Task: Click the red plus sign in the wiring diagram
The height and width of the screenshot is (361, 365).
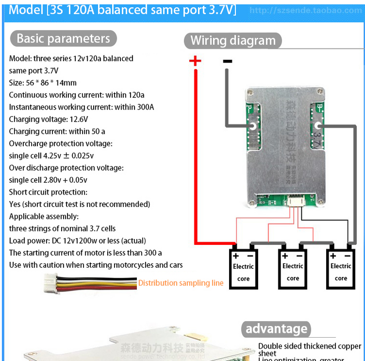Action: [195, 61]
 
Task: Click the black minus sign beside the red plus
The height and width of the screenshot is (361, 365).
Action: [227, 61]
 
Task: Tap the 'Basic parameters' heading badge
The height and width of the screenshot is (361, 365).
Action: [63, 38]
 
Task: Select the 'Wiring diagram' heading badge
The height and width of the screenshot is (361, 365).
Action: [233, 41]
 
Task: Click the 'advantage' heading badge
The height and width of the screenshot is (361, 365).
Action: [276, 329]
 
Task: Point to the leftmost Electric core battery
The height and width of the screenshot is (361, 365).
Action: [243, 269]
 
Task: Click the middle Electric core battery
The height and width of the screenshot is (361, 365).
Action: [292, 269]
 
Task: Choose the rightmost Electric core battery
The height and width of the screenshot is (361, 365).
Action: [341, 269]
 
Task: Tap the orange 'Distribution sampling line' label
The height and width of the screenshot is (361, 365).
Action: [181, 283]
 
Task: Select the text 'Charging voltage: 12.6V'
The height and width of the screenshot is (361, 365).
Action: [48, 119]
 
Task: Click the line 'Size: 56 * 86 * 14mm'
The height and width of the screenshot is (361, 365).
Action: [43, 83]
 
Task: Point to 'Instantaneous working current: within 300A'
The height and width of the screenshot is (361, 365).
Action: [81, 107]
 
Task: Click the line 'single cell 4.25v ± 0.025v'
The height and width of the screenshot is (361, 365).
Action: [51, 156]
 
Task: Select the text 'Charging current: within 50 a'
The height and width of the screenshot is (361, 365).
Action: [57, 132]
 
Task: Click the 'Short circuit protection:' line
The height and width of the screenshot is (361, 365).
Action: [48, 192]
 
